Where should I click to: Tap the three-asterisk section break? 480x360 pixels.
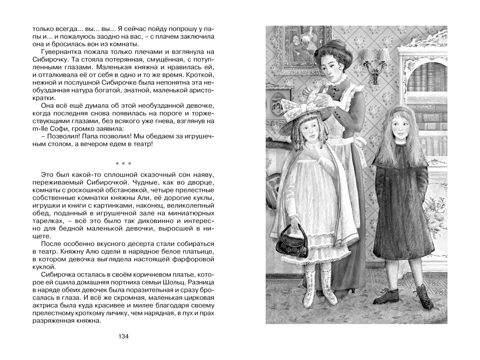click(123, 164)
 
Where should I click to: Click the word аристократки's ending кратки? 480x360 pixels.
click(44, 98)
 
